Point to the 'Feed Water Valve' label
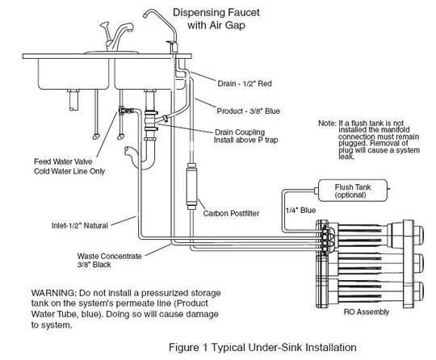(57, 160)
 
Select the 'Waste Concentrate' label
(98, 257)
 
